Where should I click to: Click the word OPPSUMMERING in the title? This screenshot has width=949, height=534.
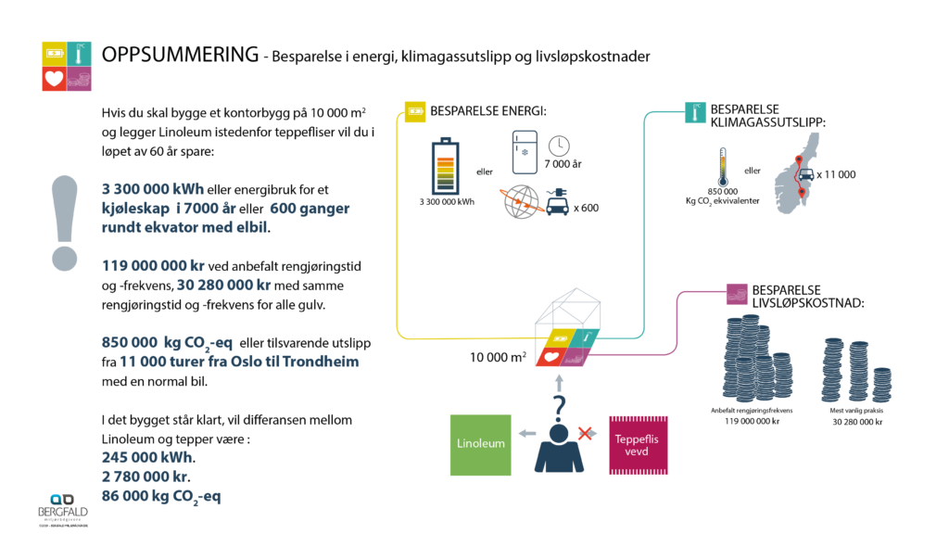pyautogui.click(x=180, y=55)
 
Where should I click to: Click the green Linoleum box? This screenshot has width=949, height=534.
pyautogui.click(x=481, y=443)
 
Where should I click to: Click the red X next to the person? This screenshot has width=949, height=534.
pyautogui.click(x=585, y=434)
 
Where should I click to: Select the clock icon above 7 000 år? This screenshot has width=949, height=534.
pyautogui.click(x=558, y=146)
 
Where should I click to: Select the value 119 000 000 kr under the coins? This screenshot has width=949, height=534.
pyautogui.click(x=752, y=421)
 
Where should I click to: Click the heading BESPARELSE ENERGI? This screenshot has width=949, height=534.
pyautogui.click(x=488, y=112)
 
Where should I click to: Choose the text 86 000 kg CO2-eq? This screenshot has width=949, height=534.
pyautogui.click(x=161, y=496)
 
